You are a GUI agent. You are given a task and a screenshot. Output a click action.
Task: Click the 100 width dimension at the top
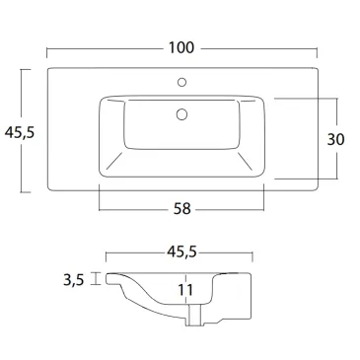tap(180, 47)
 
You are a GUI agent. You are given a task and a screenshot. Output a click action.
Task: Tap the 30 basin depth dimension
tap(336, 139)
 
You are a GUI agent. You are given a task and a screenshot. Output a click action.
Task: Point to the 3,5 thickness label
tap(73, 280)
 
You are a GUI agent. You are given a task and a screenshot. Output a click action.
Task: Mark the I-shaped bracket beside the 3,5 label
tap(96, 279)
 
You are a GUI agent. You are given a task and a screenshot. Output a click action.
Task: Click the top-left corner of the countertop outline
tap(47, 69)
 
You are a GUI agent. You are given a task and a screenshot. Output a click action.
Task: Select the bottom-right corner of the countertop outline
tap(315, 191)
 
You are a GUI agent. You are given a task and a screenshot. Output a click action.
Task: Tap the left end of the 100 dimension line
tap(46, 48)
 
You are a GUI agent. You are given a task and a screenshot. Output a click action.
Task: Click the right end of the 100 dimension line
tap(316, 48)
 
